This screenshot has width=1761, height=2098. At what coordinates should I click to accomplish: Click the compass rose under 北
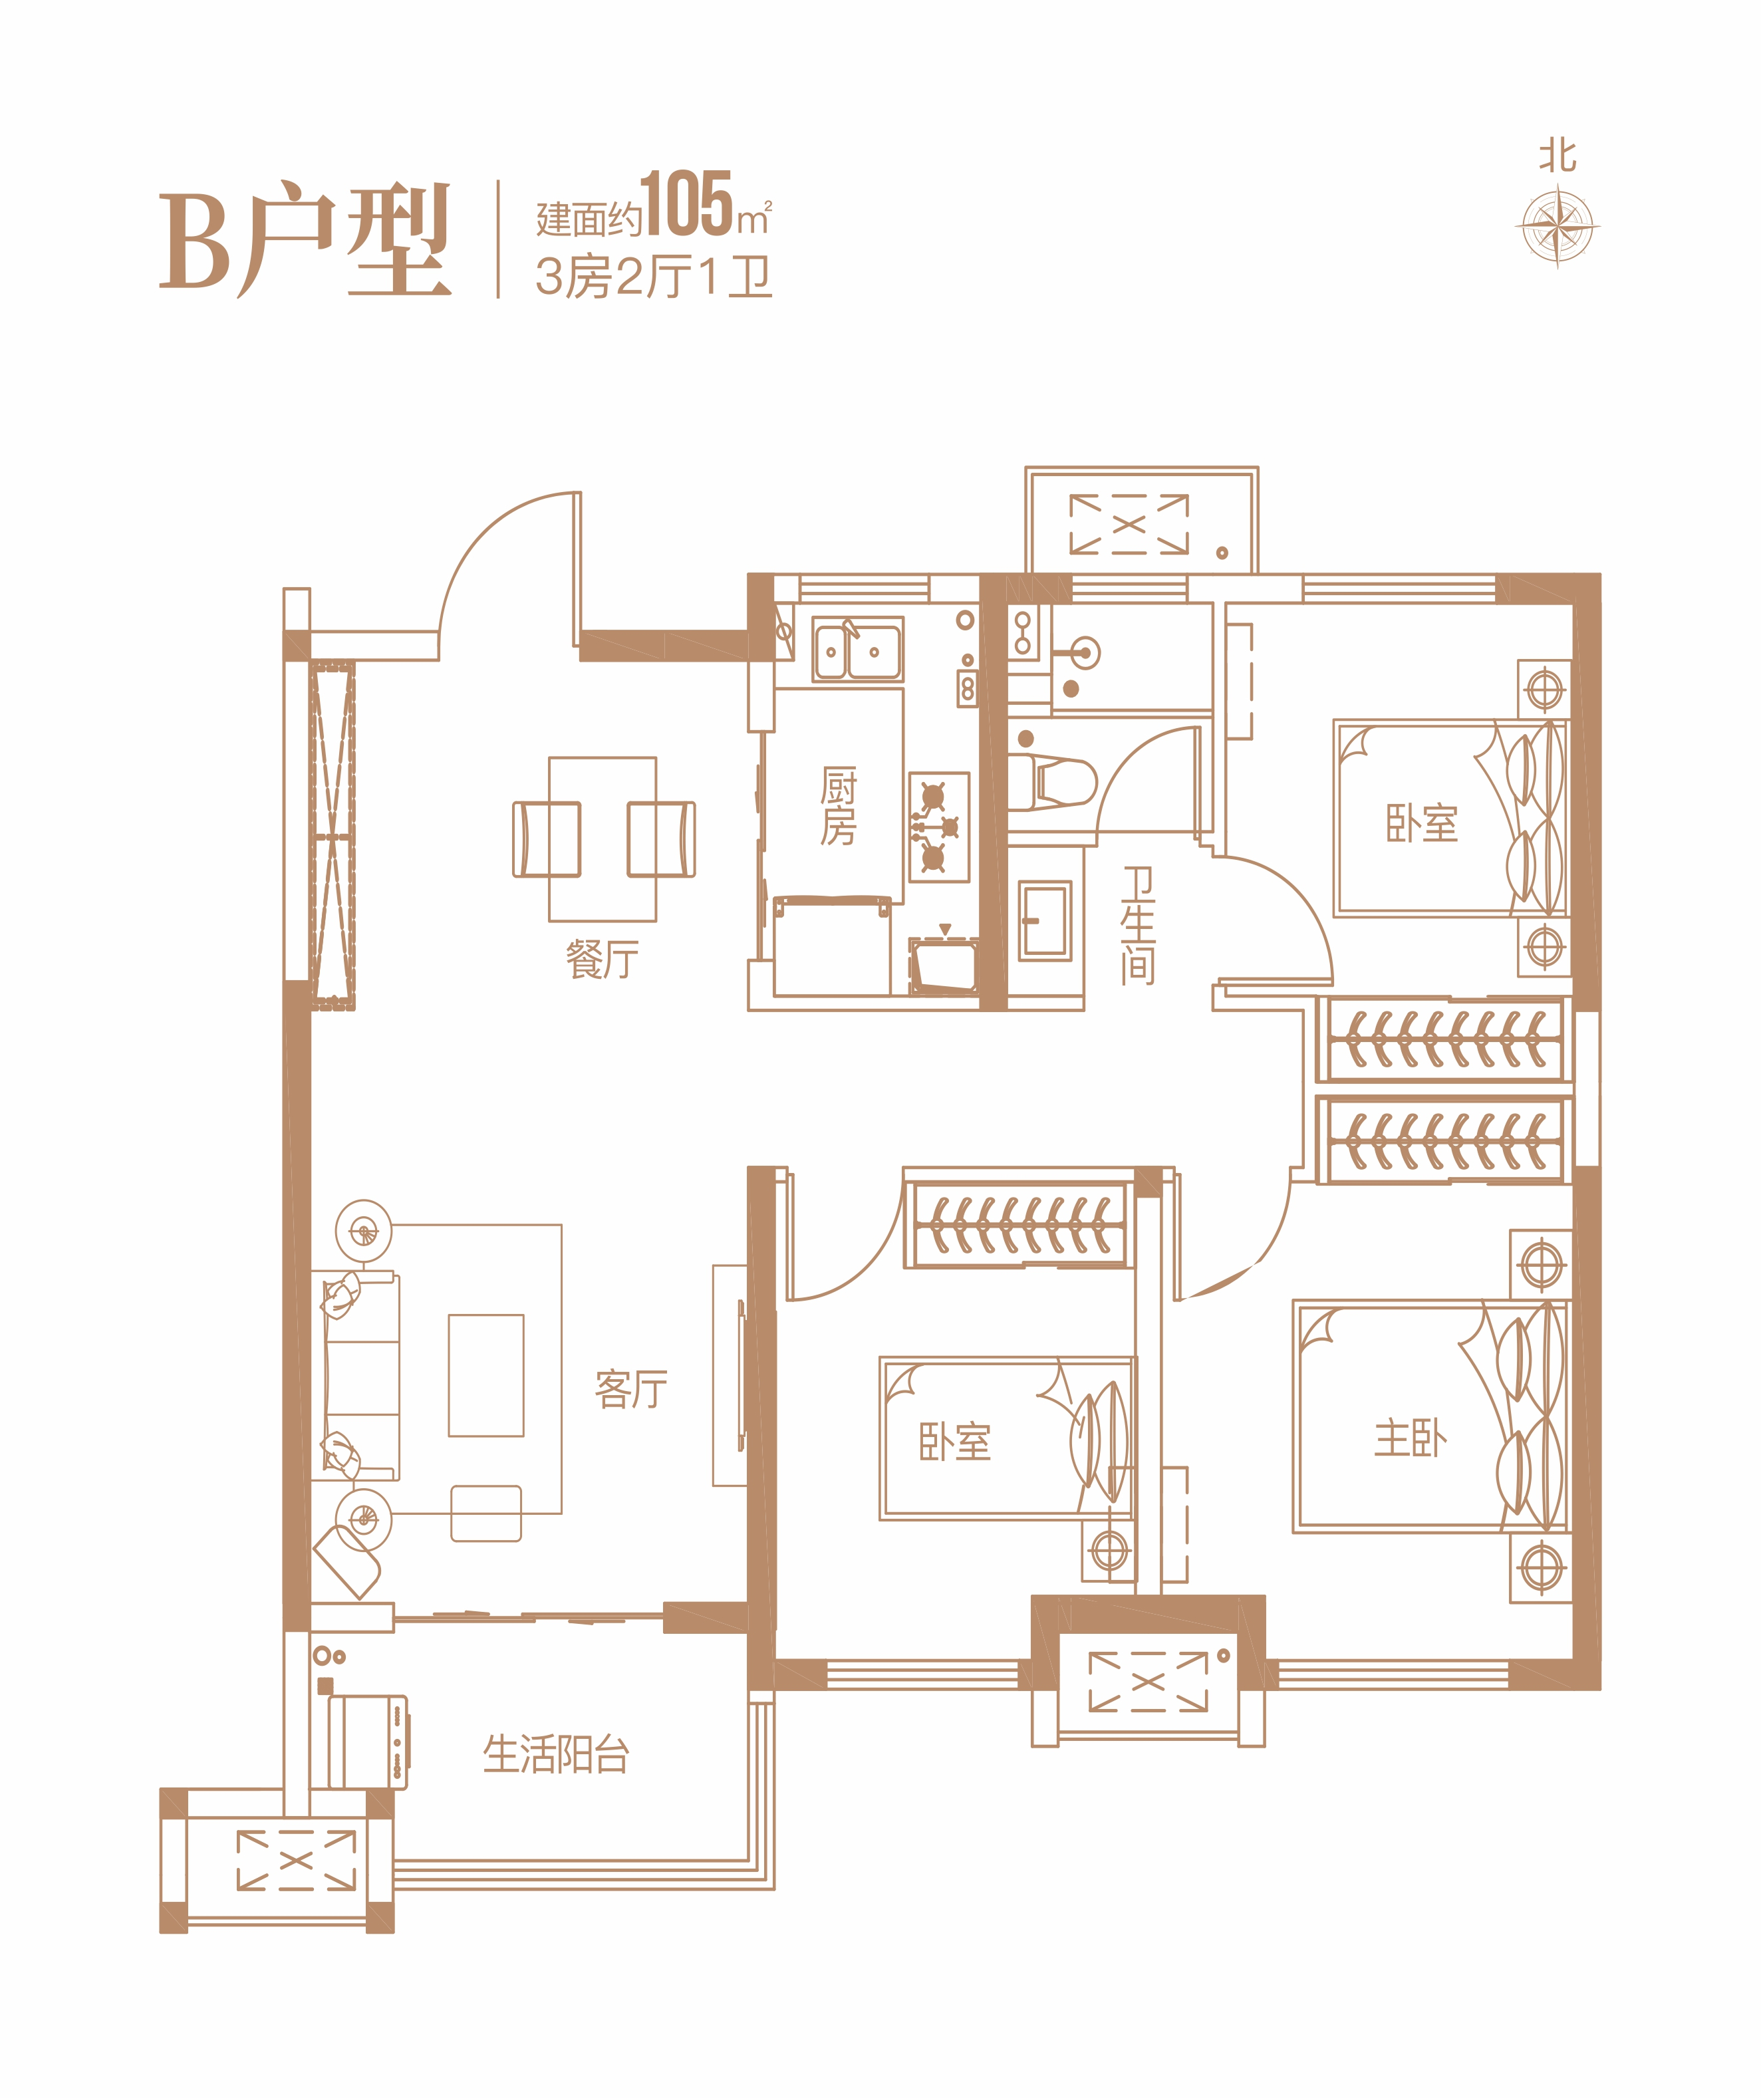[1558, 226]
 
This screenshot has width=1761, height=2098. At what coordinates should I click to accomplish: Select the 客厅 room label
[630, 1388]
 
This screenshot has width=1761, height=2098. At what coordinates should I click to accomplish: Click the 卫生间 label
[1138, 924]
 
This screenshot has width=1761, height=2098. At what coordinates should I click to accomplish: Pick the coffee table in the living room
[485, 1375]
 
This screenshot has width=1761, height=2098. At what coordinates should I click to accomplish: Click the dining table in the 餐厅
[603, 839]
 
